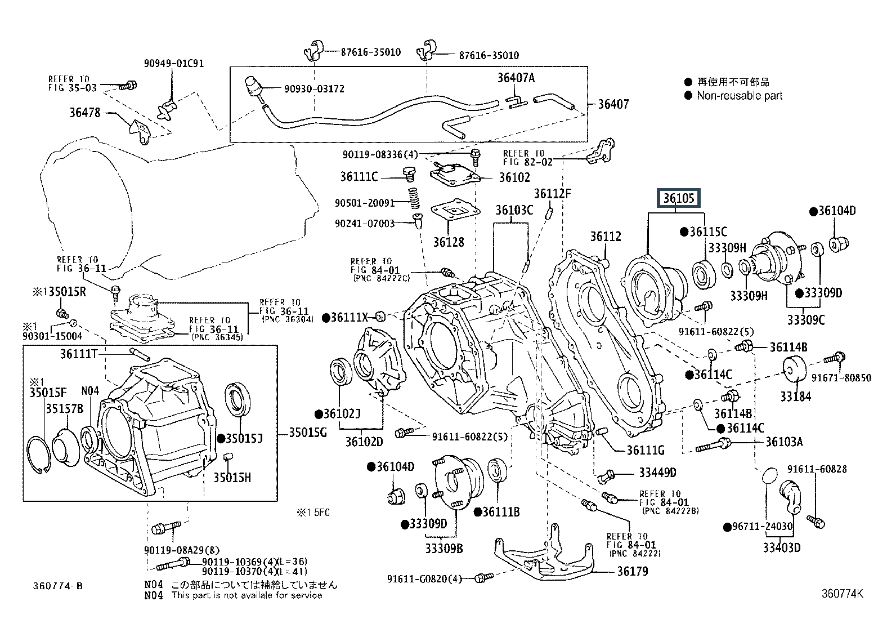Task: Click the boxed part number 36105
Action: [x=679, y=198]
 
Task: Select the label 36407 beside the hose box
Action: [x=613, y=104]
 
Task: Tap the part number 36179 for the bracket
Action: [x=632, y=571]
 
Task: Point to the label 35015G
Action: [x=308, y=433]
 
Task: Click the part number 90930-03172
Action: [x=314, y=89]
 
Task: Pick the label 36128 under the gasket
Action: [x=449, y=242]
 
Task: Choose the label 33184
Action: [x=795, y=397]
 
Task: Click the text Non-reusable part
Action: [x=740, y=96]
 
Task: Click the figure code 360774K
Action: [x=841, y=593]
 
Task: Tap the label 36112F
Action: [x=552, y=194]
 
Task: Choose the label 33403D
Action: [x=782, y=547]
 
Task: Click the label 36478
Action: [x=85, y=113]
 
